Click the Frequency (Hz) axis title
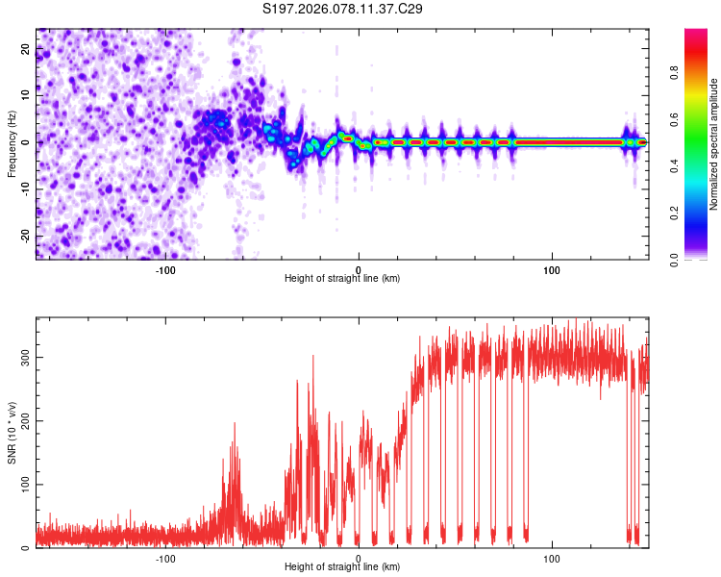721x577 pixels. [12, 142]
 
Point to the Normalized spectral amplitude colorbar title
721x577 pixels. [713, 144]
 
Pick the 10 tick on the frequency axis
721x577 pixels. [26, 95]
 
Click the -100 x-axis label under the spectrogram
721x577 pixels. [164, 269]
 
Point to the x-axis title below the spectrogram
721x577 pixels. [342, 279]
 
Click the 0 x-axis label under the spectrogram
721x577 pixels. [359, 269]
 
